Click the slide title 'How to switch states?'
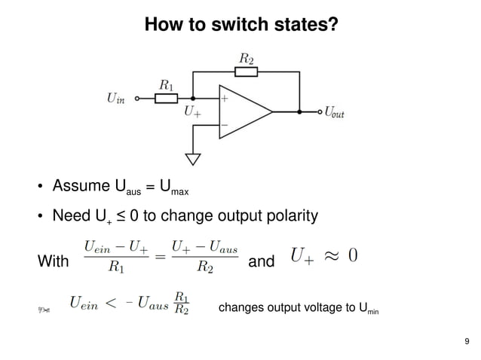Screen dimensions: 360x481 pos(240,25)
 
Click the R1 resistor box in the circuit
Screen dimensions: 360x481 pos(167,98)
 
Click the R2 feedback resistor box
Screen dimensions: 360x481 pos(247,72)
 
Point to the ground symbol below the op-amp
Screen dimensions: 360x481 pos(193,159)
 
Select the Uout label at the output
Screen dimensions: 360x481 pos(334,113)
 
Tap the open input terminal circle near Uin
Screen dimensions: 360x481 pos(136,98)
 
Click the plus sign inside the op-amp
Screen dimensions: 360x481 pos(224,98)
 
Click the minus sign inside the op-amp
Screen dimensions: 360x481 pos(224,125)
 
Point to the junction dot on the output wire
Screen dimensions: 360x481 pos(299,112)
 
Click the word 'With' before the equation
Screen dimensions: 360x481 pos(52,262)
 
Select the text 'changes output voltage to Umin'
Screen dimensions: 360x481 pos(298,308)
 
